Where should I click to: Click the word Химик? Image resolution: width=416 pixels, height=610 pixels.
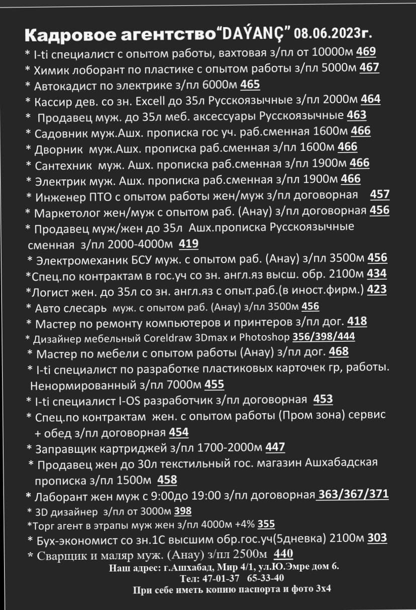tap(50, 68)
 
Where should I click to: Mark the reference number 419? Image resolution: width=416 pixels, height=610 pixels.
tap(188, 245)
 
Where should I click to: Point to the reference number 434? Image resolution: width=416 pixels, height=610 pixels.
tap(377, 274)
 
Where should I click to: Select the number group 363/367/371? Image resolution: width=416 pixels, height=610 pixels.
tap(353, 495)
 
